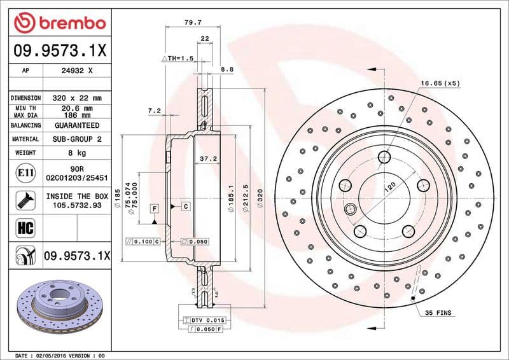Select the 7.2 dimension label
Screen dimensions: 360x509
click(154, 111)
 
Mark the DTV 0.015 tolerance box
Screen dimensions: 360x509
click(205, 320)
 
